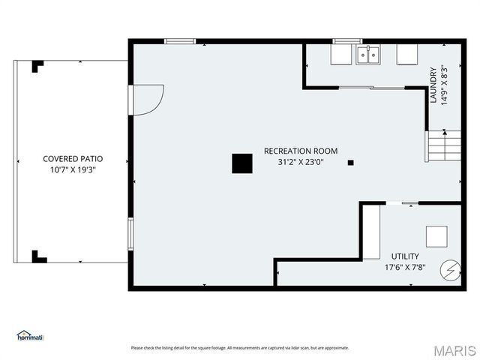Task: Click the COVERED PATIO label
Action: pos(73,159)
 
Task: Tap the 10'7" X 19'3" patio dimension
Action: pos(73,170)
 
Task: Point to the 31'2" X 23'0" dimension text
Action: pos(300,162)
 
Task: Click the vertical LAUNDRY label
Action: pos(433,85)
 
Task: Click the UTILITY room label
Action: pos(405,256)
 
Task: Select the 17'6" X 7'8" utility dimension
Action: pos(405,267)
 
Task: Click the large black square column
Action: pos(241,163)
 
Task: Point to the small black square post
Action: pos(350,162)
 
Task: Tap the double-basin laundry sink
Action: pos(367,55)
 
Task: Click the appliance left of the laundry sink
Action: pos(342,55)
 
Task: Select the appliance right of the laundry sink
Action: pos(407,55)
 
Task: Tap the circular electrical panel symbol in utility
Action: pos(450,270)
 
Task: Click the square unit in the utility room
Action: pos(436,236)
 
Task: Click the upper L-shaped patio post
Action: pos(37,66)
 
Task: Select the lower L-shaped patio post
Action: pos(38,256)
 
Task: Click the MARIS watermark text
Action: pos(454,349)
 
